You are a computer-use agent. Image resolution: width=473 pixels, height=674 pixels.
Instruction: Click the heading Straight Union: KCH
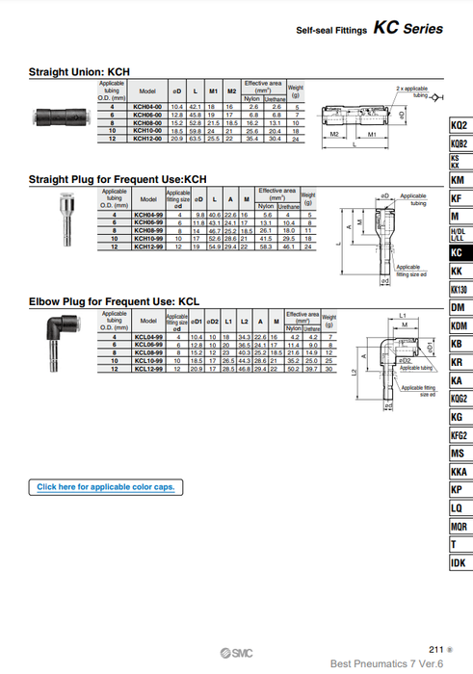[x=79, y=72]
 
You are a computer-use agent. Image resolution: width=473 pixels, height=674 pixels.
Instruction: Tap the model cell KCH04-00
[x=147, y=105]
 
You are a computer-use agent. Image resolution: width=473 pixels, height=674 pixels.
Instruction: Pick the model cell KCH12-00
[x=147, y=140]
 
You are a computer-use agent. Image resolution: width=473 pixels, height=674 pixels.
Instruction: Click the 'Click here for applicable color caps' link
[x=105, y=487]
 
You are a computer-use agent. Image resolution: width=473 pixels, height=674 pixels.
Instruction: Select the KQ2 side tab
[x=460, y=126]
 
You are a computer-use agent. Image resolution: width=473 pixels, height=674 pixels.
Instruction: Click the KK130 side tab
[x=460, y=290]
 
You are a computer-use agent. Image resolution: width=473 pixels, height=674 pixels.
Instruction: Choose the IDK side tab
[x=459, y=562]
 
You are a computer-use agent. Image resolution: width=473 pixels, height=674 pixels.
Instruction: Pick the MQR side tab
[x=460, y=527]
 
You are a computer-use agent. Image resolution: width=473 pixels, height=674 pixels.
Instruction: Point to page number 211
[x=435, y=650]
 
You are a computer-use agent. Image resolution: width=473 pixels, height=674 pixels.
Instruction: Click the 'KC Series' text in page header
[x=408, y=29]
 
